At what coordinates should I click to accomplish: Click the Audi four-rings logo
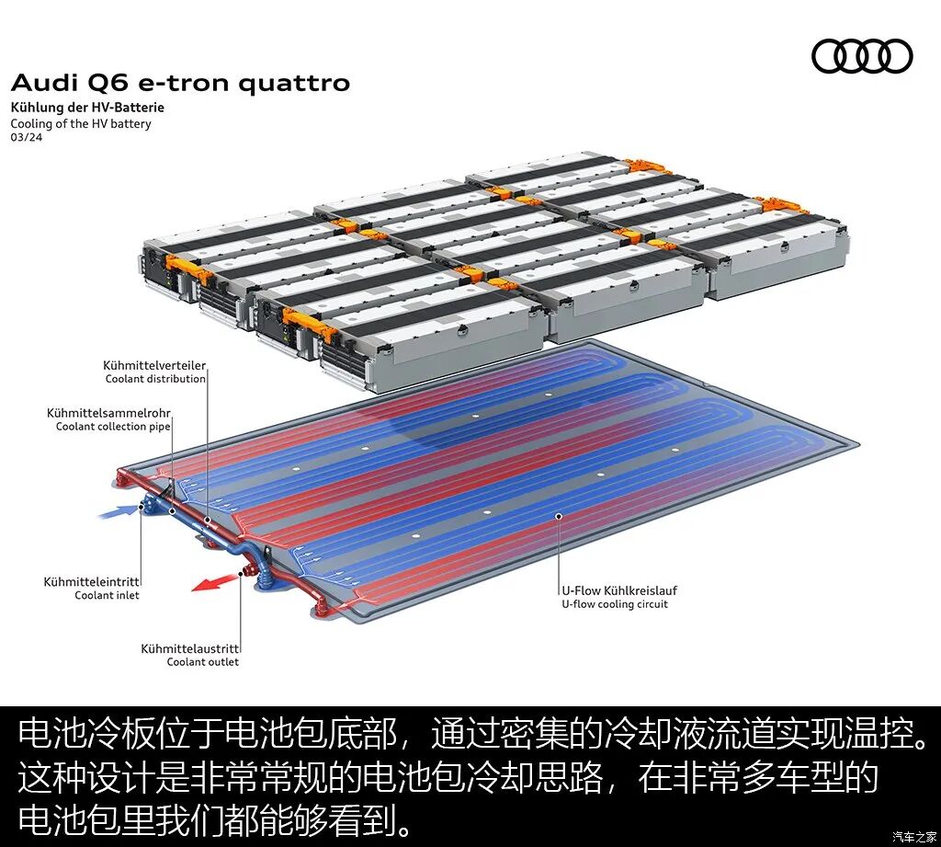862,56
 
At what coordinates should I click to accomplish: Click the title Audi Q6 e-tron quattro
180,83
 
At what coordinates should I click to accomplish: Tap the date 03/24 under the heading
26,138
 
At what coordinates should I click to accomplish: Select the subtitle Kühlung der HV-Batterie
87,108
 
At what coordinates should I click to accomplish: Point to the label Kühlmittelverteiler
154,366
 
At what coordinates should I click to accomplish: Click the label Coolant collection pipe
113,427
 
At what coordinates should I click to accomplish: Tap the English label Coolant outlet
202,662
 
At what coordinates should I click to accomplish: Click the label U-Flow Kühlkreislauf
619,590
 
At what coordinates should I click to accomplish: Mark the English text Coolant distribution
155,379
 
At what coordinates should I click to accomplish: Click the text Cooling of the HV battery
81,123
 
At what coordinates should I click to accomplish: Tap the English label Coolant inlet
107,596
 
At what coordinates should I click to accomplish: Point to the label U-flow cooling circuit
615,604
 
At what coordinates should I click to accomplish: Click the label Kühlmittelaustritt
189,648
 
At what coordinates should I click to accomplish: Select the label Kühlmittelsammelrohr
108,414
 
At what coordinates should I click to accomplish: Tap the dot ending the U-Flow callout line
559,517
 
